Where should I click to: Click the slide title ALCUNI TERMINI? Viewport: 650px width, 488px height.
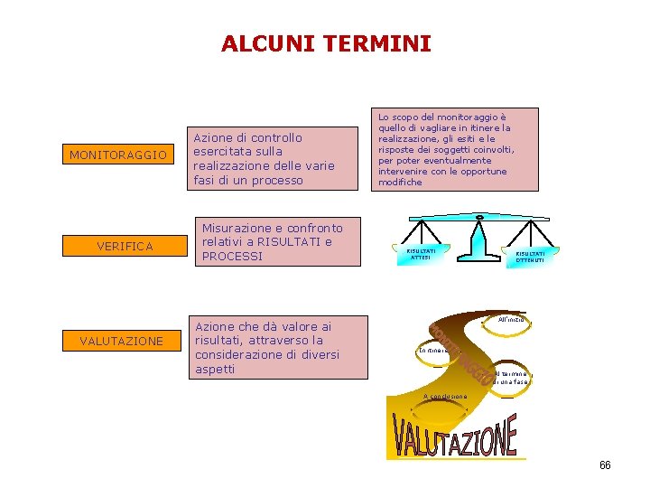click(326, 43)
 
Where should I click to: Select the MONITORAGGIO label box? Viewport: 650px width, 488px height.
click(118, 155)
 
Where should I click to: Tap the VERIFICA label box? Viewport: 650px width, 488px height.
click(125, 246)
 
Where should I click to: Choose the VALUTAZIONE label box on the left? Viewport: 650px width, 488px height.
click(122, 341)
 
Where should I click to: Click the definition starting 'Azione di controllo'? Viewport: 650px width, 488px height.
click(265, 158)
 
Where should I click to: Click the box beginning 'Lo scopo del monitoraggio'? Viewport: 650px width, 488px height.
click(456, 149)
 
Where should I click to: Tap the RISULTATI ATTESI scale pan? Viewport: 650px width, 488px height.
click(422, 255)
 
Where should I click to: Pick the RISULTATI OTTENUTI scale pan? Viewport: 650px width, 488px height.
click(530, 258)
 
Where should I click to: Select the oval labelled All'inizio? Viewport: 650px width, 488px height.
click(510, 321)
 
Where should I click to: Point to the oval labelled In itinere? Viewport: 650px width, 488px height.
click(434, 350)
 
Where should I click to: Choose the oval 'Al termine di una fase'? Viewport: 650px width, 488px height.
click(510, 377)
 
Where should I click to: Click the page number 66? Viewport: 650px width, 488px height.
click(605, 465)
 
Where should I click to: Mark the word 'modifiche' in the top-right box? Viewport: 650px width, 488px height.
click(400, 182)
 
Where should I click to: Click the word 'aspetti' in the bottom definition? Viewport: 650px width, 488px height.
click(215, 369)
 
